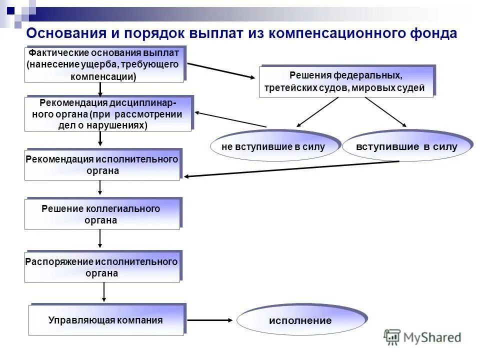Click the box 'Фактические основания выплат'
[x=105, y=64]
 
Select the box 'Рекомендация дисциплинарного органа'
[x=108, y=114]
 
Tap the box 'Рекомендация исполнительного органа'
[x=102, y=165]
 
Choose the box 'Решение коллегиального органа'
[x=102, y=214]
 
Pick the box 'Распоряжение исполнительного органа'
[x=102, y=267]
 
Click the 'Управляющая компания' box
[x=106, y=320]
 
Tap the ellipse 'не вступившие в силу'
[x=273, y=147]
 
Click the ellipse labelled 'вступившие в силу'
[x=406, y=147]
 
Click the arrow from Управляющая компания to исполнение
[x=210, y=320]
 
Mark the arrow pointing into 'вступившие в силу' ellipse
[x=386, y=111]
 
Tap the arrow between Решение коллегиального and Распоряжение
[x=100, y=238]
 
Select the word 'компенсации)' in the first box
[x=102, y=77]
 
